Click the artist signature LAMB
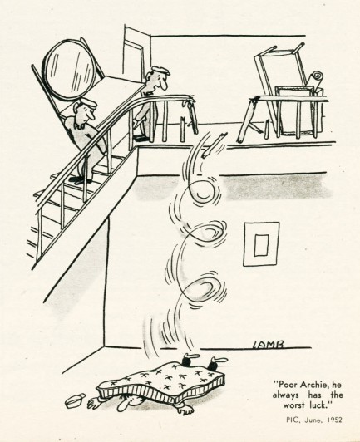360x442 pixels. click(268, 345)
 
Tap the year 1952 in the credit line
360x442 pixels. click(334, 420)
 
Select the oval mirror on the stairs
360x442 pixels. click(68, 70)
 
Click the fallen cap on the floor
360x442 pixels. click(75, 400)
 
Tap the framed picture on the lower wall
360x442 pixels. click(261, 243)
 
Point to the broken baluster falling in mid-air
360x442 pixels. click(215, 143)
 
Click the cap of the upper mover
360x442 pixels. click(160, 70)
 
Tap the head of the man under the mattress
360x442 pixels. click(126, 403)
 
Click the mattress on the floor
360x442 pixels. click(160, 382)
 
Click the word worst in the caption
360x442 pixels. click(294, 405)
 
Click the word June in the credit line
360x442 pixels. click(313, 420)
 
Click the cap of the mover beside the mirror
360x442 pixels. click(88, 104)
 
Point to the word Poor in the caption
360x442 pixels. click(286, 385)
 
